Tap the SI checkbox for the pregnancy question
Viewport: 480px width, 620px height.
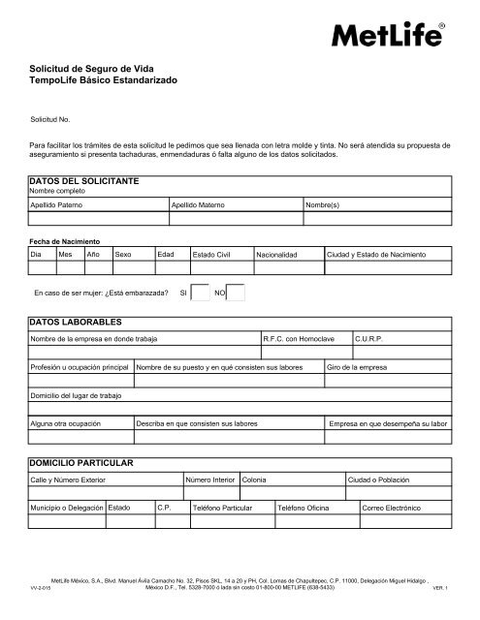tap(200, 294)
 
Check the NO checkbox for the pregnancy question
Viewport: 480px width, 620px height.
tap(236, 294)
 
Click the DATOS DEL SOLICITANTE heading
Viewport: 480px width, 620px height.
tap(86, 181)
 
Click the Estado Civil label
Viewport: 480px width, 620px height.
tap(212, 254)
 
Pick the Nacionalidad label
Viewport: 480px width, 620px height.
tap(276, 254)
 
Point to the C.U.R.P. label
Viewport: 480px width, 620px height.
tap(371, 339)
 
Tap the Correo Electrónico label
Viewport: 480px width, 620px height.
tap(391, 508)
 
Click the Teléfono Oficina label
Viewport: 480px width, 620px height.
tap(304, 508)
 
